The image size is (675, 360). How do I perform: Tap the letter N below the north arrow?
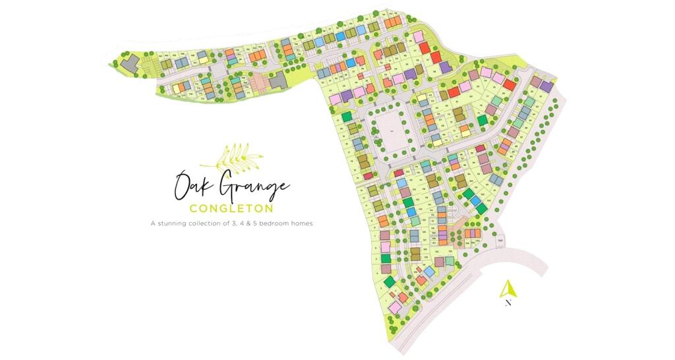coord(508,304)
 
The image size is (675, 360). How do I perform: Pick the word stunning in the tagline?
coord(181,224)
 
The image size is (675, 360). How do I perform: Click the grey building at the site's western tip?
coord(130,62)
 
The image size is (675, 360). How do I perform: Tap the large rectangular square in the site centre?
coord(390,125)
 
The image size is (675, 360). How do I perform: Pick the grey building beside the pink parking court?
coord(278,80)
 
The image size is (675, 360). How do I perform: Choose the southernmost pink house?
coord(395,308)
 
